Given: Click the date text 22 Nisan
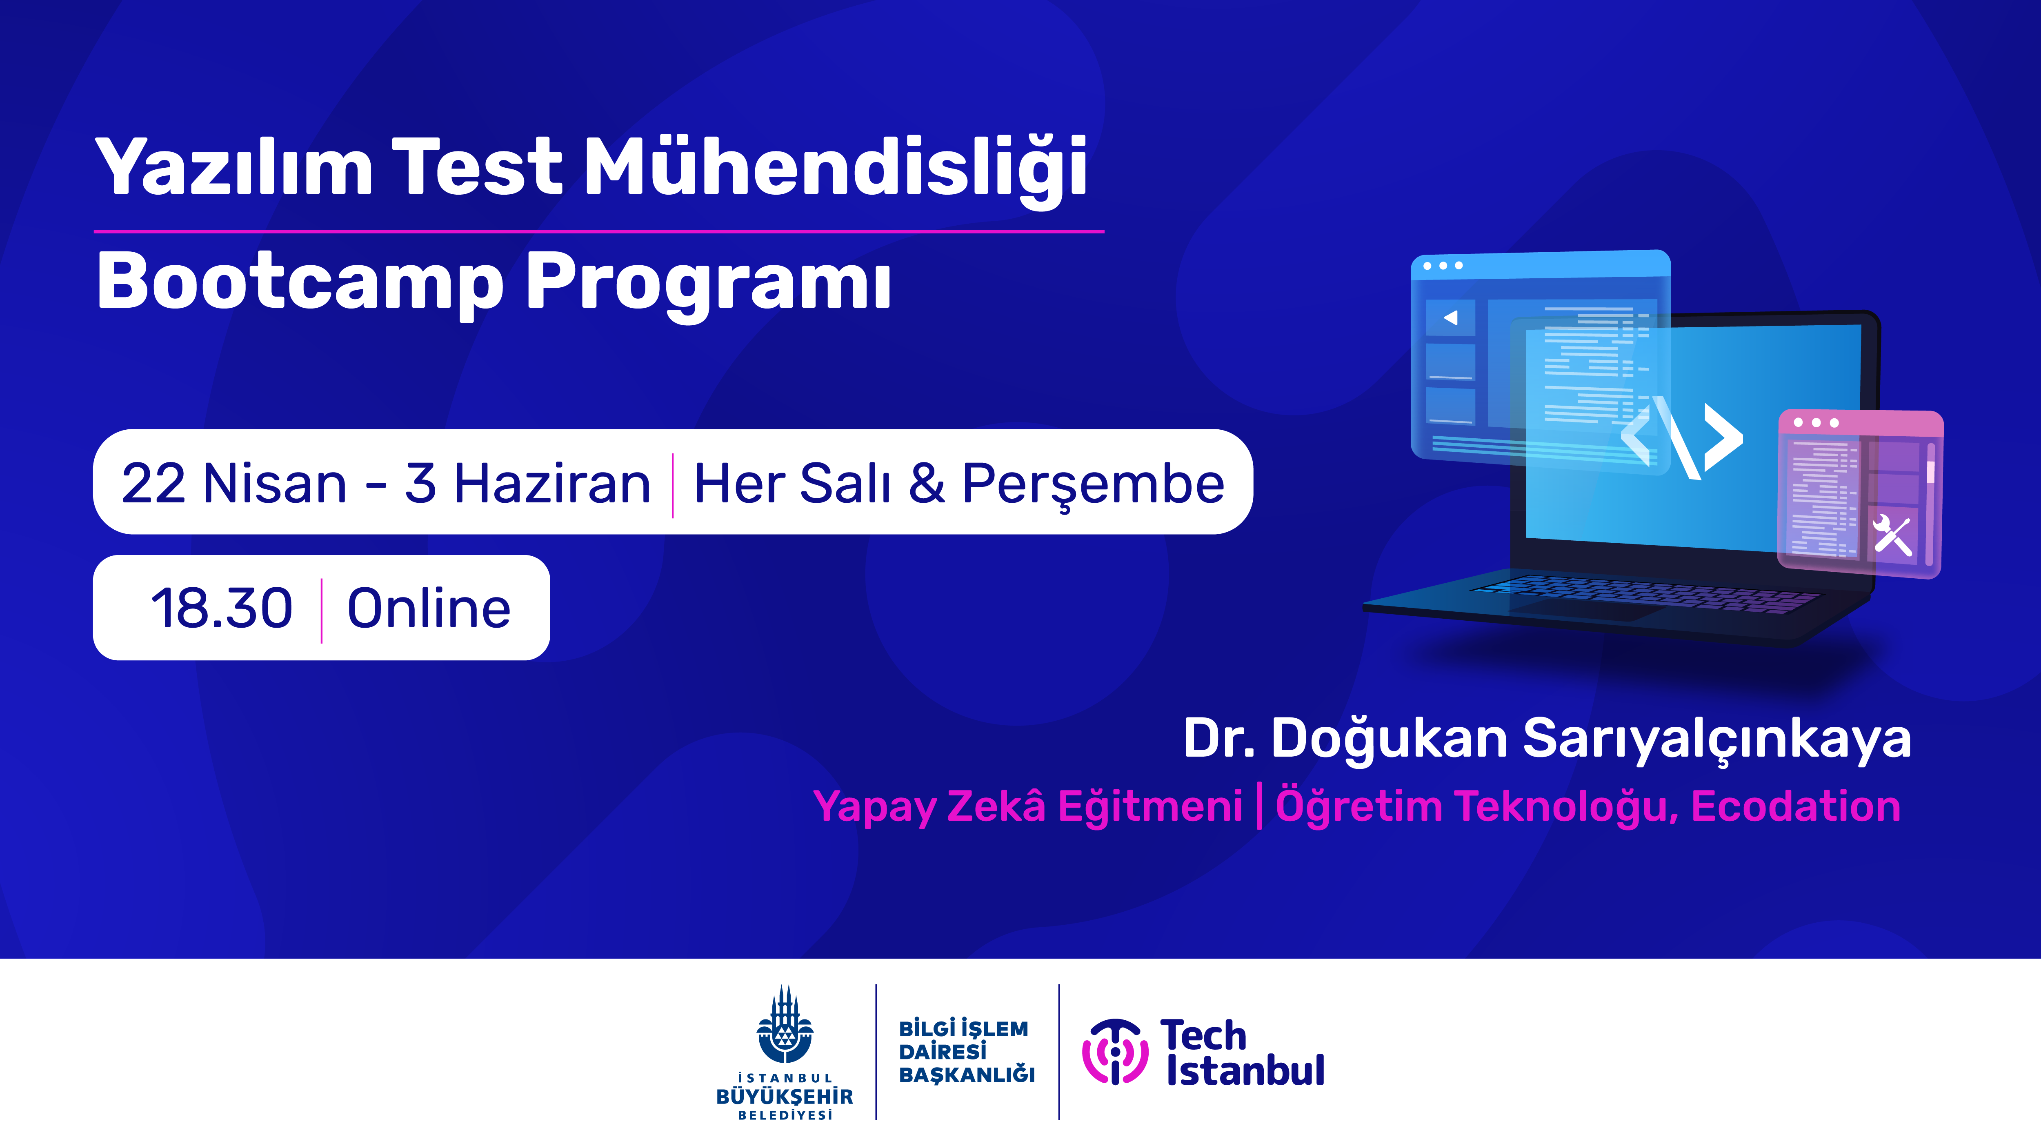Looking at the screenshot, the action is click(234, 483).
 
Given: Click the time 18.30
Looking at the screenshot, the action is click(222, 608).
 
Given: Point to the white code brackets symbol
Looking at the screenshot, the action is click(1681, 438).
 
